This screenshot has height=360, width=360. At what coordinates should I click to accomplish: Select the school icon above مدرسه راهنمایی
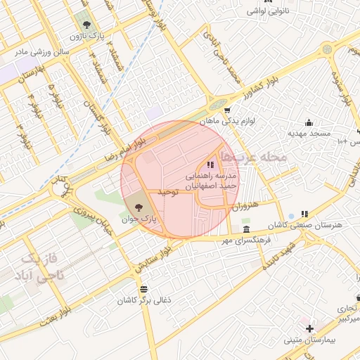coord(211,164)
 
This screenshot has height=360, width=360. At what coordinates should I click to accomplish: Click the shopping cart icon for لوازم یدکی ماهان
coord(226,110)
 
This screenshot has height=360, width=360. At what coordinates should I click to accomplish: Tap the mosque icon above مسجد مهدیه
coord(308,122)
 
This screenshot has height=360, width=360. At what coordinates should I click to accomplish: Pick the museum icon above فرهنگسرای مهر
coord(245,230)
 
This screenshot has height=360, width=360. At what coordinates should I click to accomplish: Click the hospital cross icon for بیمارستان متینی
coord(309,328)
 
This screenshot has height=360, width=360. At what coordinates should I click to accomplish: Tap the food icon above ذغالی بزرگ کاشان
coord(144,289)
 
